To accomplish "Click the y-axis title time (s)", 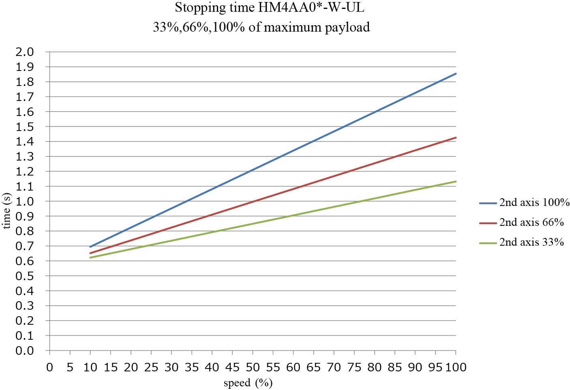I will [x=7, y=211].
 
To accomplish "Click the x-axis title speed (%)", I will [x=248, y=383].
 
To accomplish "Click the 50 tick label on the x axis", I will [x=253, y=367].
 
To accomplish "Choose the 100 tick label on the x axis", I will [x=456, y=367].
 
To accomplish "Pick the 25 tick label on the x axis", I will [x=151, y=367].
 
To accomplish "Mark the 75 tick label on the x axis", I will [x=354, y=367].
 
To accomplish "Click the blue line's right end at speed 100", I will [x=456, y=73].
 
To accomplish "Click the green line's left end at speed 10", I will [x=90, y=257].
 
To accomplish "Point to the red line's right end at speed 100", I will [x=456, y=138].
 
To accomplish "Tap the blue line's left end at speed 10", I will [x=90, y=246].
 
